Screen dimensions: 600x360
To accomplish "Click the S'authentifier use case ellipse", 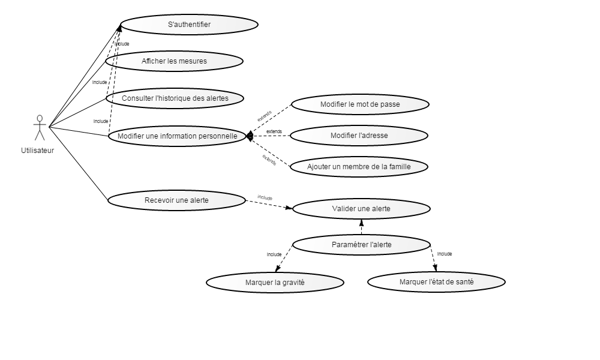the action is pyautogui.click(x=190, y=25).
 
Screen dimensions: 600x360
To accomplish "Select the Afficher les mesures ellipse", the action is pyautogui.click(x=174, y=61).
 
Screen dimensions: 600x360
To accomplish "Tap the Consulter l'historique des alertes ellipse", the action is pyautogui.click(x=175, y=98).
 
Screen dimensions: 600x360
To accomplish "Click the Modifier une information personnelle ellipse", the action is pyautogui.click(x=177, y=136).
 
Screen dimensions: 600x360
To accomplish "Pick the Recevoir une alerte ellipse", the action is pyautogui.click(x=176, y=200).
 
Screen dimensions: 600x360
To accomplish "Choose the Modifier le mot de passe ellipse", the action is pyautogui.click(x=360, y=104).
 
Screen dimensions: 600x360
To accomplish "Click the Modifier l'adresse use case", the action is pyautogui.click(x=359, y=136).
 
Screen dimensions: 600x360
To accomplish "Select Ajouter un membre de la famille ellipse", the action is pyautogui.click(x=359, y=167).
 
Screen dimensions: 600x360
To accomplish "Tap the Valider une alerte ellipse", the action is pyautogui.click(x=361, y=209).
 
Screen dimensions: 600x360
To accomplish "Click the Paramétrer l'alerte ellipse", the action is pyautogui.click(x=362, y=245).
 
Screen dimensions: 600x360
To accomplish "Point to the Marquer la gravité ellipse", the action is pyautogui.click(x=275, y=283).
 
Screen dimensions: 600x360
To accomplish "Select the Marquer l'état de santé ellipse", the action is pyautogui.click(x=437, y=282).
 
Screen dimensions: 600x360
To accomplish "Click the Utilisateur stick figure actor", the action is pyautogui.click(x=40, y=128).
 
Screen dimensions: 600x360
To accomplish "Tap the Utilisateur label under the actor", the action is pyautogui.click(x=37, y=151).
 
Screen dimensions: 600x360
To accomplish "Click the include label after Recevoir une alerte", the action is pyautogui.click(x=265, y=198).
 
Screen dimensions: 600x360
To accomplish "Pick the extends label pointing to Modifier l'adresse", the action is pyautogui.click(x=274, y=131).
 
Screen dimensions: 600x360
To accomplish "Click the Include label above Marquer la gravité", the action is pyautogui.click(x=274, y=255).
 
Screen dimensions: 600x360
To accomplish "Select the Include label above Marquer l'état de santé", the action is pyautogui.click(x=445, y=254).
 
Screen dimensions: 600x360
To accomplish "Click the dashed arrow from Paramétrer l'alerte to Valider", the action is pyautogui.click(x=361, y=227).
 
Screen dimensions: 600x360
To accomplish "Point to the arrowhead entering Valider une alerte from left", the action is pyautogui.click(x=289, y=208).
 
